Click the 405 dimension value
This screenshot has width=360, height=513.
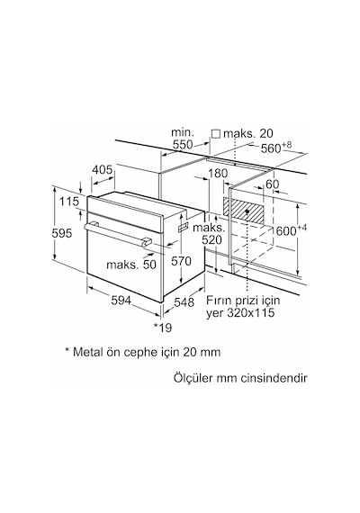point(102,170)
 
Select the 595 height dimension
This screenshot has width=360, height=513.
point(62,234)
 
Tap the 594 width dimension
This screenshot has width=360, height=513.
point(121,300)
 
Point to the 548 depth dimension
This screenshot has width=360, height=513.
point(184,302)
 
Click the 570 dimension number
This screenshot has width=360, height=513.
point(181,261)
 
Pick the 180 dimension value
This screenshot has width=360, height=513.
point(218,174)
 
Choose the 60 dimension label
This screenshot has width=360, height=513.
point(272,184)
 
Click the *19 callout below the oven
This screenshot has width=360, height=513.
point(163,328)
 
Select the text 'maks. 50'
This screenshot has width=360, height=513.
point(131,265)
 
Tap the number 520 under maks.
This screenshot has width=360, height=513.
point(211,240)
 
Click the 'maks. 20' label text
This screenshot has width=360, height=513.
point(248,133)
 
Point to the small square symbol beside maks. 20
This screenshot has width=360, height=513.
point(216,133)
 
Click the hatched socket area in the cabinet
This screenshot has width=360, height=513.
point(244,209)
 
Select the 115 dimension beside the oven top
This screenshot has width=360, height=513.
point(69,202)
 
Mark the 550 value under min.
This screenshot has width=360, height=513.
point(183,145)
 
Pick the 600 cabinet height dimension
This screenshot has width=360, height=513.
point(286,231)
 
